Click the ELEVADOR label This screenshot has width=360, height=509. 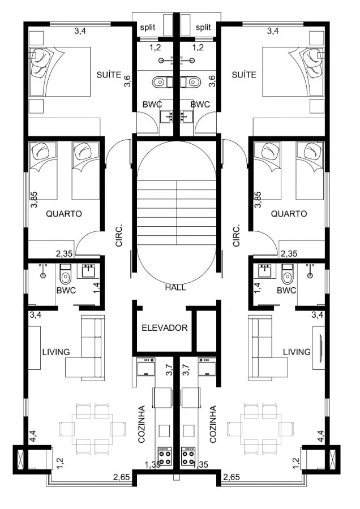coord(165,328)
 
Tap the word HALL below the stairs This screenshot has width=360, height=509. coord(175,287)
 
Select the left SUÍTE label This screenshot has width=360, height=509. coord(109,75)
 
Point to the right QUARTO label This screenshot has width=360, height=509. coord(289,214)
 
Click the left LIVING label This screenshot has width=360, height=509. coord(56,352)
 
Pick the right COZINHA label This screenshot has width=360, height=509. coord(213,424)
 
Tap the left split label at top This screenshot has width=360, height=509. coord(148,27)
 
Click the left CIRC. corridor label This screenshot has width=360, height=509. coord(119,235)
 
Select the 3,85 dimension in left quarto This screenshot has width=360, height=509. coord(34,200)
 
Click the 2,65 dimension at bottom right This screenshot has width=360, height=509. coord(232,477)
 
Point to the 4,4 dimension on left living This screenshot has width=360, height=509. coord(32,436)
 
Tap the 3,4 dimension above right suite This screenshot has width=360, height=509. coord(273,31)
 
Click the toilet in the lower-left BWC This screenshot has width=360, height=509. coord(66,274)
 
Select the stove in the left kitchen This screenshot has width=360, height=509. coord(165,456)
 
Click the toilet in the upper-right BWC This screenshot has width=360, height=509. coord(193,82)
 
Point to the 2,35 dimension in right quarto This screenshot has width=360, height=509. coord(289,253)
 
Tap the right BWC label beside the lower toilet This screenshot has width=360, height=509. coord(286,290)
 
